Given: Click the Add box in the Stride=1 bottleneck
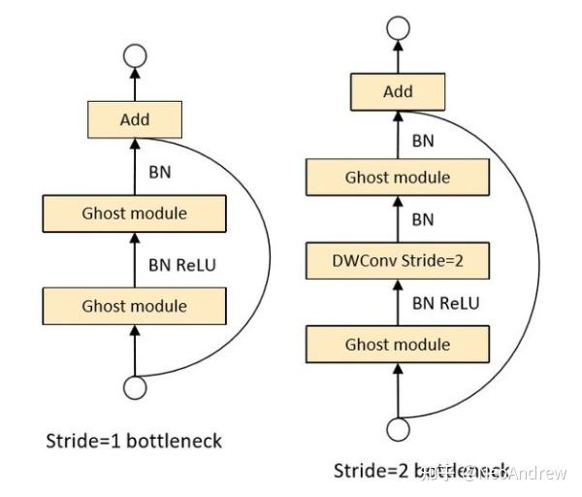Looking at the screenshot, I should tap(135, 120).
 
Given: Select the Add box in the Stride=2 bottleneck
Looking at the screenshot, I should tap(398, 92).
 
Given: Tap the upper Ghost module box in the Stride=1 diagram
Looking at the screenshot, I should tap(135, 213).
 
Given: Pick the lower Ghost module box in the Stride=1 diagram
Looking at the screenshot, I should tap(135, 305).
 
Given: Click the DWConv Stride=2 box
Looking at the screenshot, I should tap(398, 260).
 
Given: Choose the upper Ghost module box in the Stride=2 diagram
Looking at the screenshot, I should tap(398, 177).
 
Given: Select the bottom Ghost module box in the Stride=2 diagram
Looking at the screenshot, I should tap(398, 345).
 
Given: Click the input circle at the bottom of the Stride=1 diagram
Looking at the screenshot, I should tap(135, 387).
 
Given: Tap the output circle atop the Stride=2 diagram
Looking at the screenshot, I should tap(398, 26).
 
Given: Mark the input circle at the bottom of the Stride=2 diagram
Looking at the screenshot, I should tap(398, 428).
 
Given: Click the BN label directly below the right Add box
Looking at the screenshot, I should tap(423, 140).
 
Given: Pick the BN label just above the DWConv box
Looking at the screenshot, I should tap(423, 219).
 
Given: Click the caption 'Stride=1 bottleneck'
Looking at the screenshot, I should tap(135, 441).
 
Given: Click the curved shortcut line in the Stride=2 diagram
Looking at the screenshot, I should tap(539, 262).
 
